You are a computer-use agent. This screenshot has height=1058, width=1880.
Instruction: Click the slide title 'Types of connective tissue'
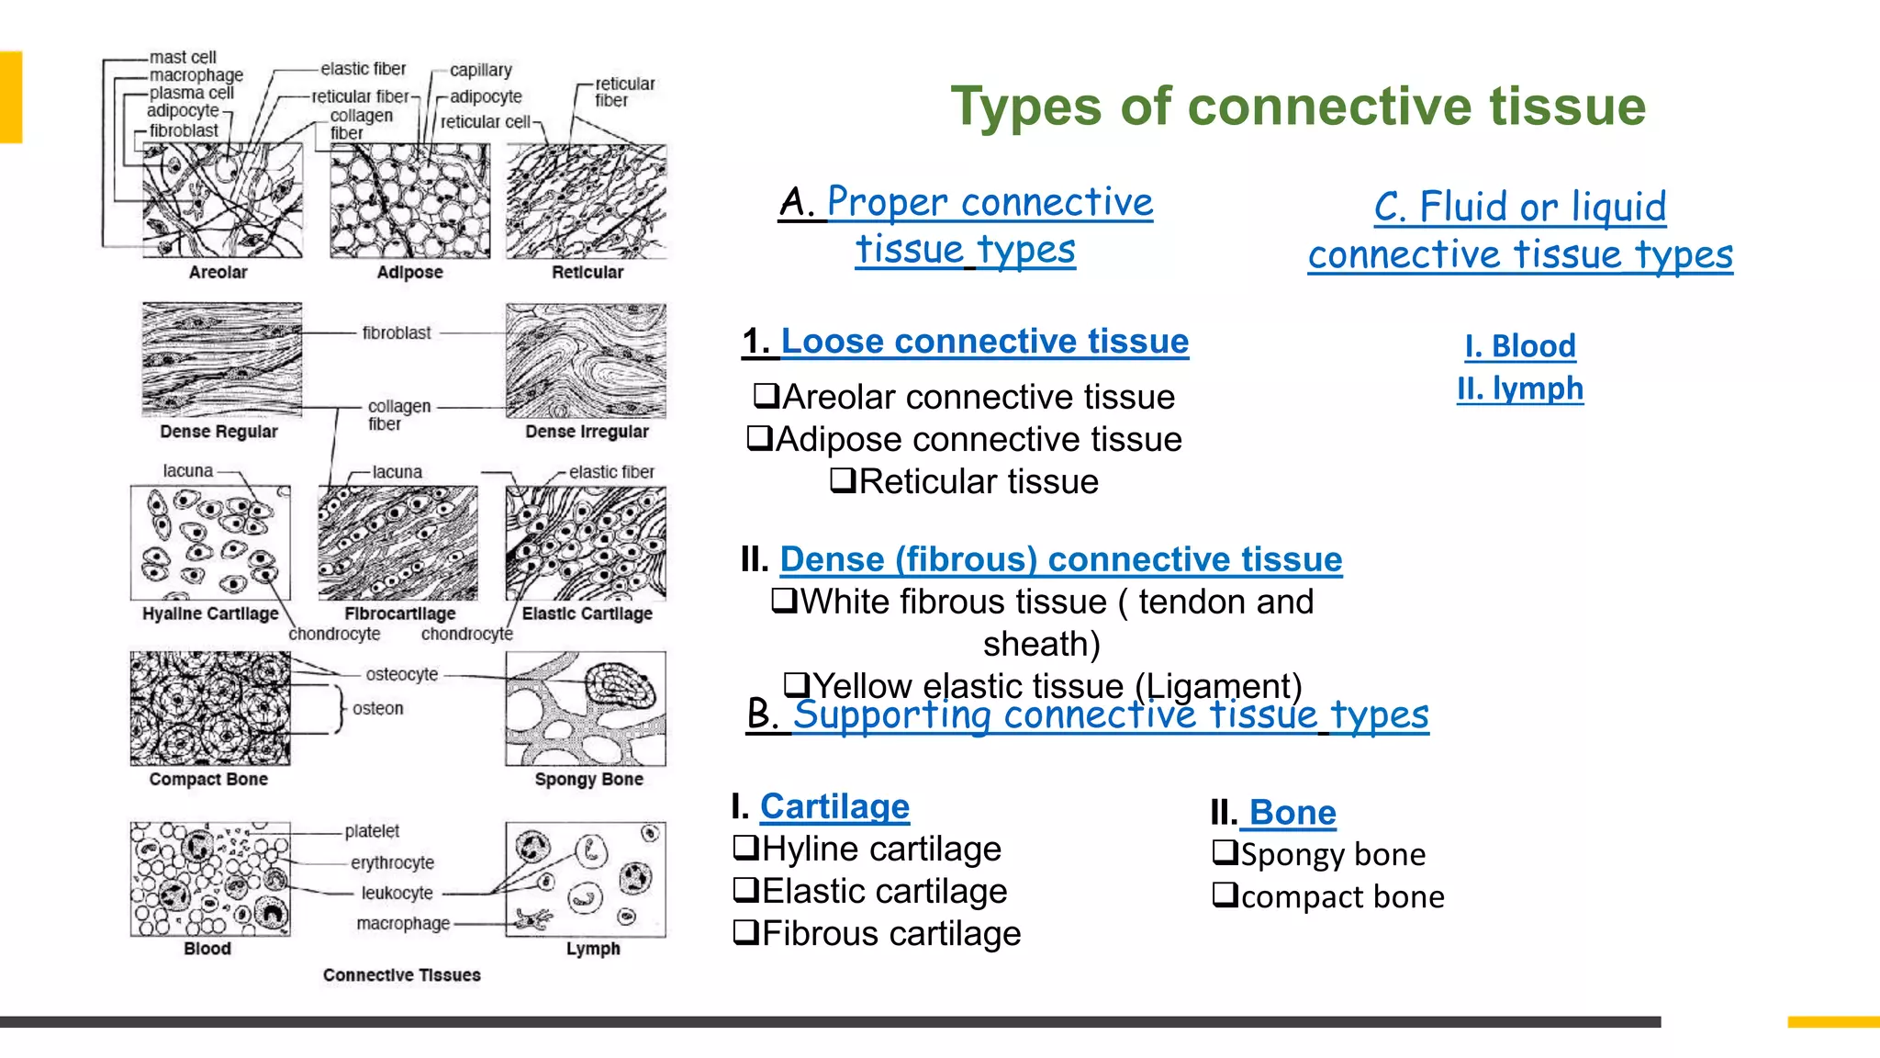1297,107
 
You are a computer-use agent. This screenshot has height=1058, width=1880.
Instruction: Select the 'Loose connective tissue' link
984,342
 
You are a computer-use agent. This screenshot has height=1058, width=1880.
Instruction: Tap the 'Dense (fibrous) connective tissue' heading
1060,559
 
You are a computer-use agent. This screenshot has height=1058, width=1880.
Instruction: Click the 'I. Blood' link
1520,346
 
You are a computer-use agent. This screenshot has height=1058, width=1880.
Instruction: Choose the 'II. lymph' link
1520,388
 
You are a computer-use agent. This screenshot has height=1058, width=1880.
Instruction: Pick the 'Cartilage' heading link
834,806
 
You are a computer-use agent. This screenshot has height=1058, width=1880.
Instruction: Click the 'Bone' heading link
1292,813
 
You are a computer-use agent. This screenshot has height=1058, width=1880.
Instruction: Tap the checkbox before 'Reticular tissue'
843,480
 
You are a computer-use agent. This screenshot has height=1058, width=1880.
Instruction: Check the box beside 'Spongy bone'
1225,853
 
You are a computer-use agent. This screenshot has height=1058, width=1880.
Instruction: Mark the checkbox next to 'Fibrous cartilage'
745,933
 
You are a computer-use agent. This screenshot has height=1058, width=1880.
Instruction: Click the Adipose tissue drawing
409,201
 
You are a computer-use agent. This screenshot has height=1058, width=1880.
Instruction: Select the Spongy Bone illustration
586,709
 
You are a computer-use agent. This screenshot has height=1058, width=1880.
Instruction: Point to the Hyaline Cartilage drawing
210,543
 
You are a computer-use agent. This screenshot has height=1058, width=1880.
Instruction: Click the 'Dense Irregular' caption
587,432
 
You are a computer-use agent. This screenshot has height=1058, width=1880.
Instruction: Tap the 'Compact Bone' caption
208,780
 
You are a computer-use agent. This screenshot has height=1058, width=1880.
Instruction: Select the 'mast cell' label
183,57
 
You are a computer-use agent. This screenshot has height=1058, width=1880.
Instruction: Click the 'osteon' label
377,709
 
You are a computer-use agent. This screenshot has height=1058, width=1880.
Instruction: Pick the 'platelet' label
372,831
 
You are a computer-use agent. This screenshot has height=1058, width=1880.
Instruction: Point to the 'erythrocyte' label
392,862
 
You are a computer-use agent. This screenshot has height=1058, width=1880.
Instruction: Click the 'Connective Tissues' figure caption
401,975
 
